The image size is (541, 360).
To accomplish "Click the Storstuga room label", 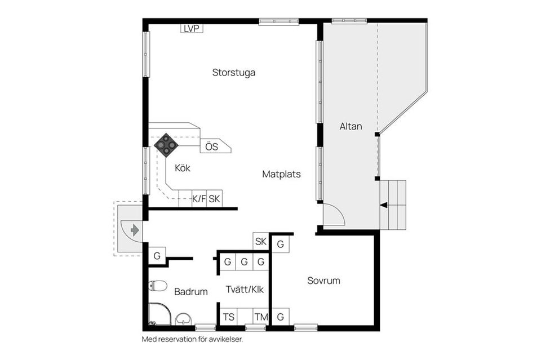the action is pyautogui.click(x=233, y=73).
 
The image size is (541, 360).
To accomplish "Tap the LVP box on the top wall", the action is pyautogui.click(x=192, y=29).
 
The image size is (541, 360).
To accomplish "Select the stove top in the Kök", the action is pyautogui.click(x=166, y=145).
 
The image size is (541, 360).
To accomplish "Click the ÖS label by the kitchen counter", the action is pyautogui.click(x=212, y=146).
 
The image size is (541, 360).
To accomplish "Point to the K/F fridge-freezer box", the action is pyautogui.click(x=199, y=199).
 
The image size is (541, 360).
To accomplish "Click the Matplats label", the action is pyautogui.click(x=281, y=174).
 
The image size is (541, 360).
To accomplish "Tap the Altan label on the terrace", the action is pyautogui.click(x=351, y=126).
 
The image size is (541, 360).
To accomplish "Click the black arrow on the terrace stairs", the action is pyautogui.click(x=384, y=206).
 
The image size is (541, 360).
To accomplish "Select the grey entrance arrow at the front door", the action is pyautogui.click(x=135, y=230).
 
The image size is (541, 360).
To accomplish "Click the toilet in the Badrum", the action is pyautogui.click(x=158, y=286).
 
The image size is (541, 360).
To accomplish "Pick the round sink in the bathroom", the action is pyautogui.click(x=183, y=319).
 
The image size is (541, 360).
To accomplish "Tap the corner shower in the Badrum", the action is pyautogui.click(x=159, y=314).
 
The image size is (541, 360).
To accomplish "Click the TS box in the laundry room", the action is pyautogui.click(x=229, y=317).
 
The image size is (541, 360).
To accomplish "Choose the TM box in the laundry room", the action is pyautogui.click(x=261, y=317).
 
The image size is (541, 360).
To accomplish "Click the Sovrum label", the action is pyautogui.click(x=323, y=281).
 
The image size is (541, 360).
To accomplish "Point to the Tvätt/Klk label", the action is pyautogui.click(x=245, y=290).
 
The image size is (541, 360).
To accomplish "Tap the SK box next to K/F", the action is pyautogui.click(x=214, y=199).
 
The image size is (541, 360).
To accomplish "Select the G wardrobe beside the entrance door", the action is pyautogui.click(x=157, y=256).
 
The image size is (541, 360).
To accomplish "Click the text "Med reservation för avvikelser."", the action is pyautogui.click(x=193, y=339).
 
